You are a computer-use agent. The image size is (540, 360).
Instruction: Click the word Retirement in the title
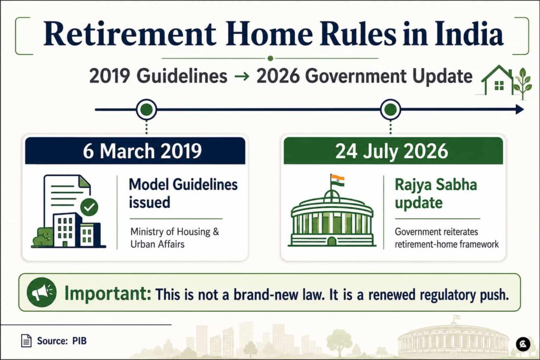(130, 34)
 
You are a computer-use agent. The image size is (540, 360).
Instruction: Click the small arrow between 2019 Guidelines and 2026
(242, 76)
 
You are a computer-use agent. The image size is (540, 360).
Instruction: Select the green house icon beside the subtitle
(497, 80)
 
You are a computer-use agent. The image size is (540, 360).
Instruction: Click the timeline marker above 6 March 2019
(147, 110)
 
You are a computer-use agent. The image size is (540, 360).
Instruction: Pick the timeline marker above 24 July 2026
(390, 110)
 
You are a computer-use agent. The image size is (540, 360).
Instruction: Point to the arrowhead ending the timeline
(519, 110)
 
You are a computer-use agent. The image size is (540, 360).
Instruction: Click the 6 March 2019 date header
(135, 151)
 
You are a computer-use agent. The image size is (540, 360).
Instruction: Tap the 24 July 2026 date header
(393, 151)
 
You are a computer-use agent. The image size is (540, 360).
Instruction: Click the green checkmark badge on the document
(89, 207)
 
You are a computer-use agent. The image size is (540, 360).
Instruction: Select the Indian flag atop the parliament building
(337, 180)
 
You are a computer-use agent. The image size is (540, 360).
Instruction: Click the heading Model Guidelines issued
(183, 193)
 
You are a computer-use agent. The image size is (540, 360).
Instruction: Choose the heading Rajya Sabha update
(436, 193)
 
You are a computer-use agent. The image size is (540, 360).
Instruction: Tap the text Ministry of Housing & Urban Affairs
(175, 238)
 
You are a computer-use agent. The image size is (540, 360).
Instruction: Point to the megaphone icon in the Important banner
(42, 292)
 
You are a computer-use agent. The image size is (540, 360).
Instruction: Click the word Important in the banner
(108, 294)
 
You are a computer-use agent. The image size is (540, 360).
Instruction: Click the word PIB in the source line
(79, 340)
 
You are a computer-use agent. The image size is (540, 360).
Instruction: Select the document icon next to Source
(26, 340)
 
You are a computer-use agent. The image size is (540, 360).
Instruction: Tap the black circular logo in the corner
(523, 344)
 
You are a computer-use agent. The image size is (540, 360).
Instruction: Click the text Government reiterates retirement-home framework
(447, 238)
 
